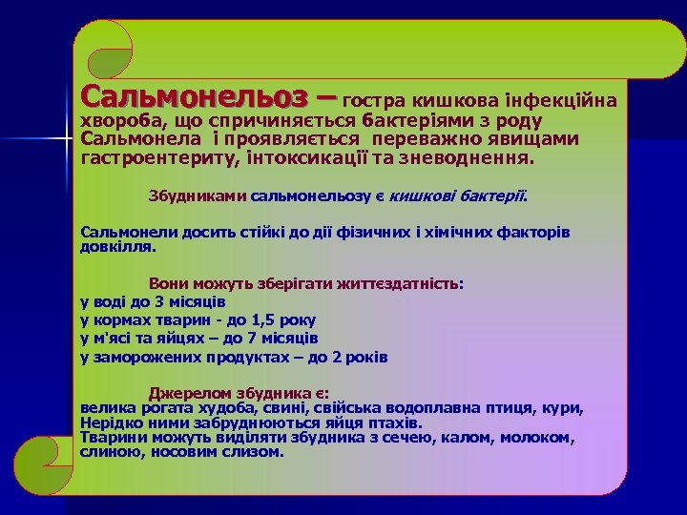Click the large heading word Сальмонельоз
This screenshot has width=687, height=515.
[x=196, y=97]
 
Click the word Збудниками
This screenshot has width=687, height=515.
[x=198, y=196]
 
